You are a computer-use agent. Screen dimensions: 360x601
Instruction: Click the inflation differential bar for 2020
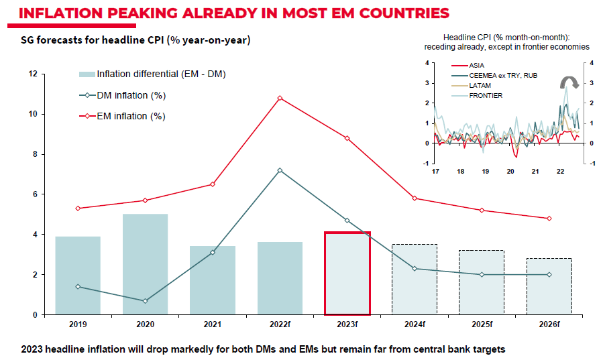click(145, 264)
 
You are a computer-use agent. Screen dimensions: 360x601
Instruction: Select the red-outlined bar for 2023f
click(347, 274)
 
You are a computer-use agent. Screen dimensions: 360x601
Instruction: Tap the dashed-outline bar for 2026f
click(549, 286)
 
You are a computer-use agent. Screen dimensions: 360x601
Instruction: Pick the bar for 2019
click(78, 276)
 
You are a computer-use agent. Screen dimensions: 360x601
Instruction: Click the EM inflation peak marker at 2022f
click(280, 98)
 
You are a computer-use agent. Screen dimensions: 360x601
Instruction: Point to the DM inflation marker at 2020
click(145, 301)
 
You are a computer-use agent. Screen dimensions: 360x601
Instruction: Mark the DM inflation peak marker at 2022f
click(280, 170)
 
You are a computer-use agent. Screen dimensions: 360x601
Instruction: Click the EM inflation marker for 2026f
click(549, 219)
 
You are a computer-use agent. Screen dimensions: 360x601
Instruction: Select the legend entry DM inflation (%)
click(131, 95)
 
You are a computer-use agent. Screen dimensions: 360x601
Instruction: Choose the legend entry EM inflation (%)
click(131, 116)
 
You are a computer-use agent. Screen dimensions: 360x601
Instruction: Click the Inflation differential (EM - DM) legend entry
click(161, 74)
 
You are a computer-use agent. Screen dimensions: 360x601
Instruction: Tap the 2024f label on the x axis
click(415, 325)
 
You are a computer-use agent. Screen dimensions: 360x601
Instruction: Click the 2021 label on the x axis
click(213, 325)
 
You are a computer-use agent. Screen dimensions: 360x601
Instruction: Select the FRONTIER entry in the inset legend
click(486, 95)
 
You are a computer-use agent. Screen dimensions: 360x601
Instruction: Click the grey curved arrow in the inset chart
click(569, 82)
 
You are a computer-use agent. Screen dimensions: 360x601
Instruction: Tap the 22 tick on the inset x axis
click(560, 172)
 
